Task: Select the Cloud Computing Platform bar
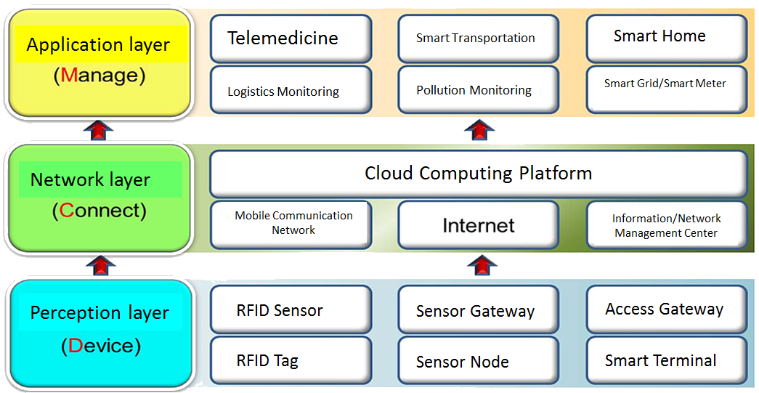coord(478,174)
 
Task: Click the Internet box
coord(478,225)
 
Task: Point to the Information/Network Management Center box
coord(666,225)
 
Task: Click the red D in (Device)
coord(76,346)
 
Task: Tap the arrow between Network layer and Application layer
coord(99,131)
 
